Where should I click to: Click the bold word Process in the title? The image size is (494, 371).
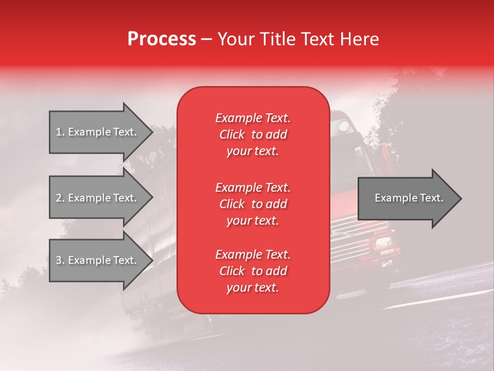162,39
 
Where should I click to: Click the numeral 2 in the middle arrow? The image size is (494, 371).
59,198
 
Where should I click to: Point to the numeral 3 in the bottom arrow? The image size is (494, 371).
59,260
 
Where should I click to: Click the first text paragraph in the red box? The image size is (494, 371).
253,134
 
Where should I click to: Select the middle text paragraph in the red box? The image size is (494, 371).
253,204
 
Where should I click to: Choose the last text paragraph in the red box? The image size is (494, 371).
253,271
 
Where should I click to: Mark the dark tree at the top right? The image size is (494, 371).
407,103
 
